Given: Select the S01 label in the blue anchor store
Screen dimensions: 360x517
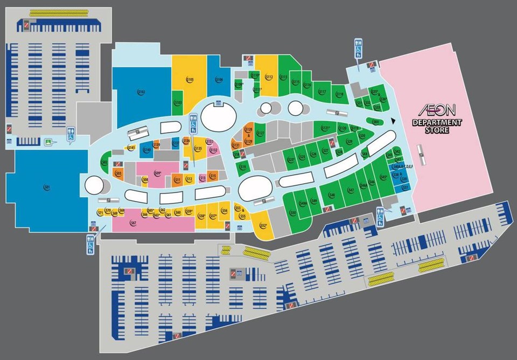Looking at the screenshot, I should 47,187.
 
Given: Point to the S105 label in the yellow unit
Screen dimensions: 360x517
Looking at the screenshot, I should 190,80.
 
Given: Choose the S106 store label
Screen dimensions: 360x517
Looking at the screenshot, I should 219,80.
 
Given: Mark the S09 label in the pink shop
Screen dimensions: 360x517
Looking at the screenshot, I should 158,173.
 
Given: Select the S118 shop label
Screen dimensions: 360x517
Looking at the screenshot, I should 339,95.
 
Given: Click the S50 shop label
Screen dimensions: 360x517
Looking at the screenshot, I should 293,213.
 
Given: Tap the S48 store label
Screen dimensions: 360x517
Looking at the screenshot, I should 332,195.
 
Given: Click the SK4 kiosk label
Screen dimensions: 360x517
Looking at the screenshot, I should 365,154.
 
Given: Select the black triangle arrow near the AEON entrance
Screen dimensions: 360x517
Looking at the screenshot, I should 394,121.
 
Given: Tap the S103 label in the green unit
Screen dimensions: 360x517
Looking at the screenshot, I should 178,102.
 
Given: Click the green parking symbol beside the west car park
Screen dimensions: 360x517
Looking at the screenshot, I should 48,142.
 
